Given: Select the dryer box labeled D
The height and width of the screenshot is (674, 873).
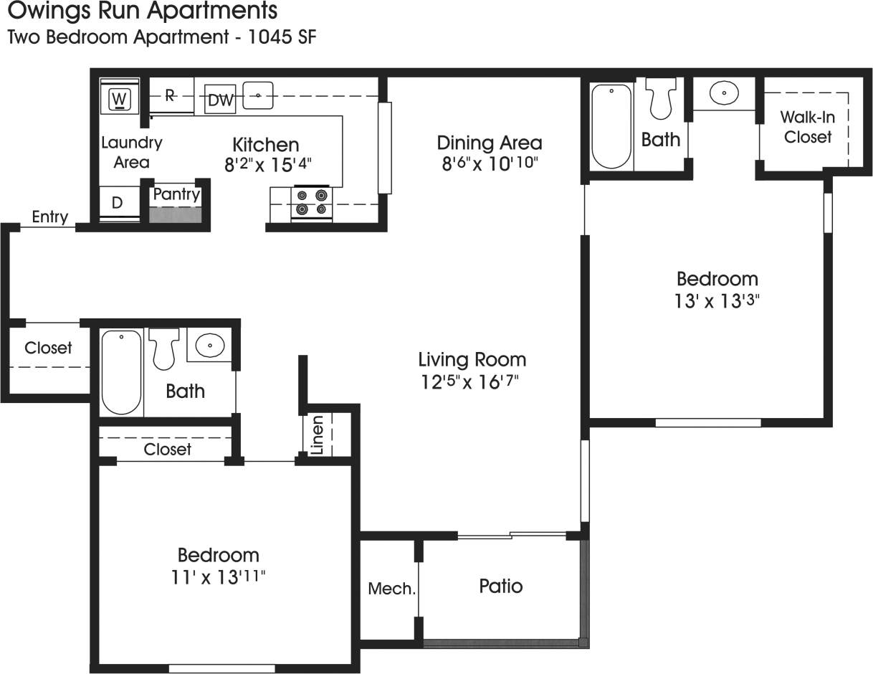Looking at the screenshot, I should point(118,204).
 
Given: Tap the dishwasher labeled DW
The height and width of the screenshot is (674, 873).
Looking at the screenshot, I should point(221,100).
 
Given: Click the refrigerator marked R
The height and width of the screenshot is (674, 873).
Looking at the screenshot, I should point(171,95).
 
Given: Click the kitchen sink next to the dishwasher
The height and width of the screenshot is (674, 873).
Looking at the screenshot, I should point(258,95).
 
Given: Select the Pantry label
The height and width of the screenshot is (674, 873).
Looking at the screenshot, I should point(176,194).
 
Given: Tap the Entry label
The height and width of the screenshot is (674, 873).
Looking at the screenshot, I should point(49,217).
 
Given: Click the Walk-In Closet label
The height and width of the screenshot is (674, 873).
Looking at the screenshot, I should point(807,127).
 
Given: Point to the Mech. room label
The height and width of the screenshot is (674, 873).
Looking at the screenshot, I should point(391,589).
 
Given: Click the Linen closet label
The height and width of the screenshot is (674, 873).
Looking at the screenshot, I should point(318,435).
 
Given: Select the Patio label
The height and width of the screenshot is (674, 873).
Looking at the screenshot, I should point(500,587).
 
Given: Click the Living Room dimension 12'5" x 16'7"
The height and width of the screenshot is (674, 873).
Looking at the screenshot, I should point(469,382).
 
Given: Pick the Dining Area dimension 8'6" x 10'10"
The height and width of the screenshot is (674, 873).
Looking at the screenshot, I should point(490,163).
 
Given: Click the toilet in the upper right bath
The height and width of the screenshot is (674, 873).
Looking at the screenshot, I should point(661,99).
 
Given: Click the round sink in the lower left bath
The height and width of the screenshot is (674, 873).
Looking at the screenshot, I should point(209,346).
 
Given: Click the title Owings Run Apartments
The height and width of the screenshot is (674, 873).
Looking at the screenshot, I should point(142,11).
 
